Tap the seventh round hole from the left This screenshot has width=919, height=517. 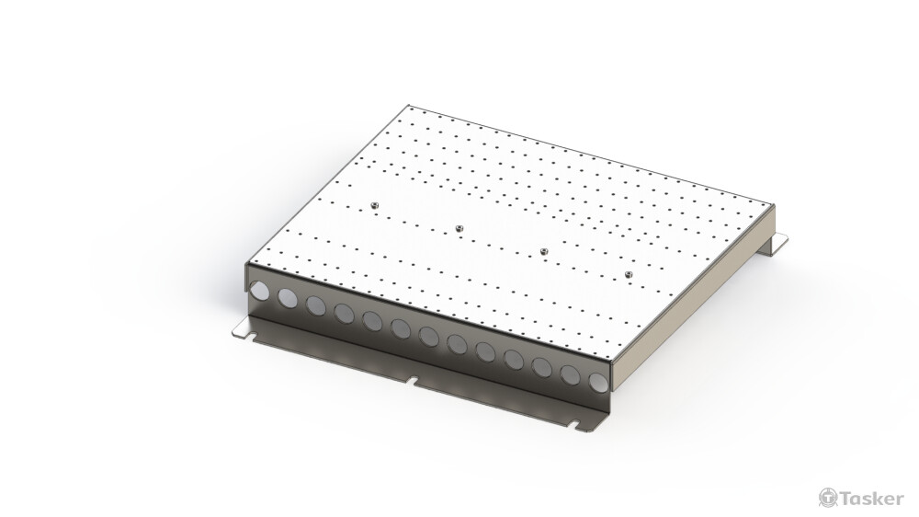pos(428,336)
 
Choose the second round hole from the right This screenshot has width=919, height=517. pos(571,373)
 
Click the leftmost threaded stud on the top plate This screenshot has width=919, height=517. pos(374,202)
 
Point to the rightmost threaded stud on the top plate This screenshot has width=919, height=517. pos(630,274)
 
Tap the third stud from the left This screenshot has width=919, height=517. pos(544,250)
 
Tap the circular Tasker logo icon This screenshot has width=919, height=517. pos(826,498)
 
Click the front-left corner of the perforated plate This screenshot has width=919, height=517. pos(247,264)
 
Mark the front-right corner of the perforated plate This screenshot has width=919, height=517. pos(608,361)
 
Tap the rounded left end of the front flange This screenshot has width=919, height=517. pos(236,330)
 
